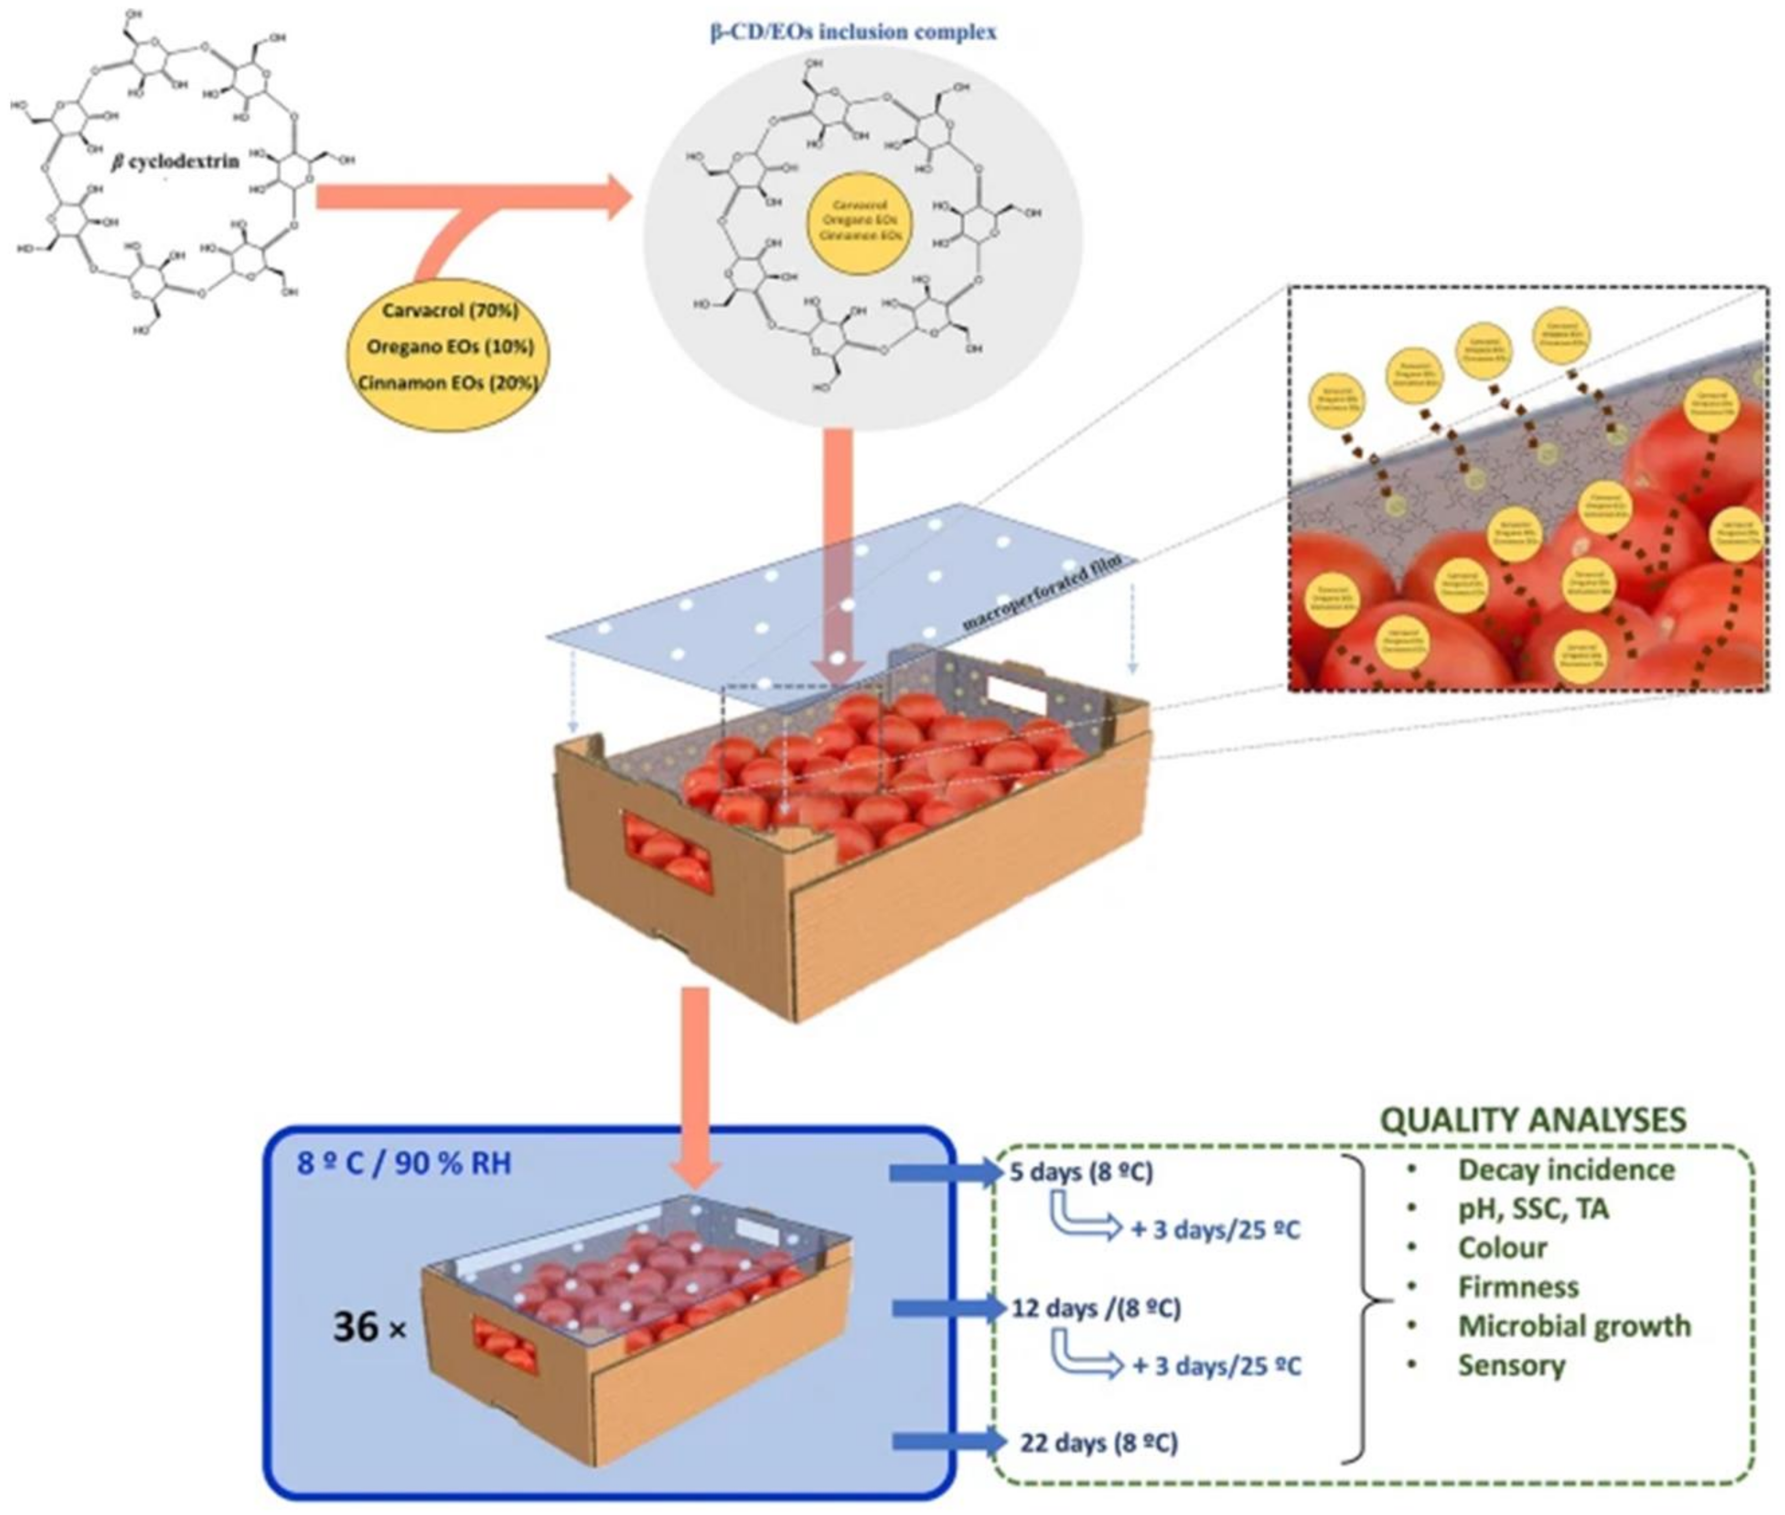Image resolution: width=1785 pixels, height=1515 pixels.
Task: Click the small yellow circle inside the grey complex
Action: point(860,221)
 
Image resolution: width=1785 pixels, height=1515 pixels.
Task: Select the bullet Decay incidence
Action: point(1565,1170)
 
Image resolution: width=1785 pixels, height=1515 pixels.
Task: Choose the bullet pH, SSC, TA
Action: point(1532,1209)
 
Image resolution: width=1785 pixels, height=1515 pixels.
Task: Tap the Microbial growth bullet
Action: point(1574,1326)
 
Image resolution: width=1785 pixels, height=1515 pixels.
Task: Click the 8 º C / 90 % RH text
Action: point(404,1164)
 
